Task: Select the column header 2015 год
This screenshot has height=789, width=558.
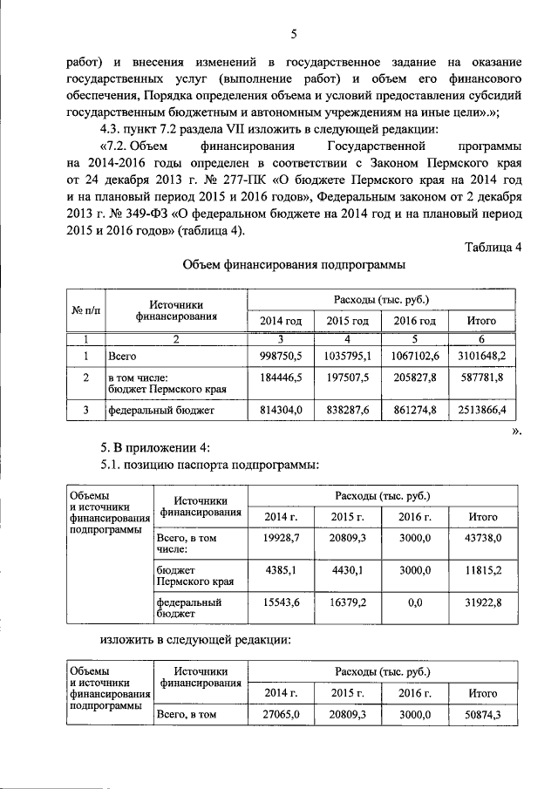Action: pos(348,321)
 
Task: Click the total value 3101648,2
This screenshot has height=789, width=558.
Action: pos(481,356)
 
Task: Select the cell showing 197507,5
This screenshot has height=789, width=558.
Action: pos(348,380)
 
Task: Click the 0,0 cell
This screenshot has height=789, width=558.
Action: pos(416,602)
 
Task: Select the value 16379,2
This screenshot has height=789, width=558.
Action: pos(349,602)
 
